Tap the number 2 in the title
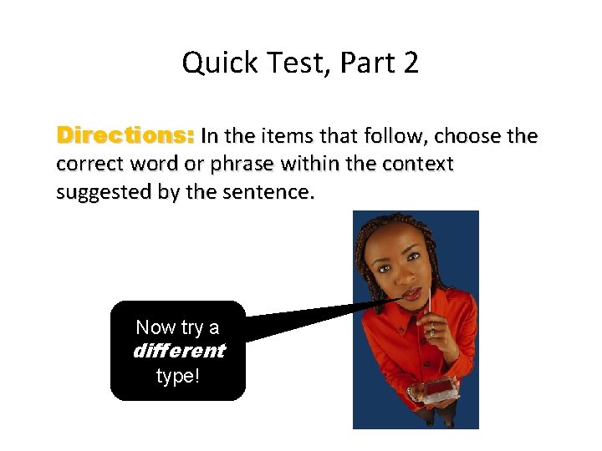[410, 63]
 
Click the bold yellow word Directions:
[125, 135]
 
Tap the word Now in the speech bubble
[155, 327]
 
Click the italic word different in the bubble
[178, 351]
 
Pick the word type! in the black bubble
[178, 376]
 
